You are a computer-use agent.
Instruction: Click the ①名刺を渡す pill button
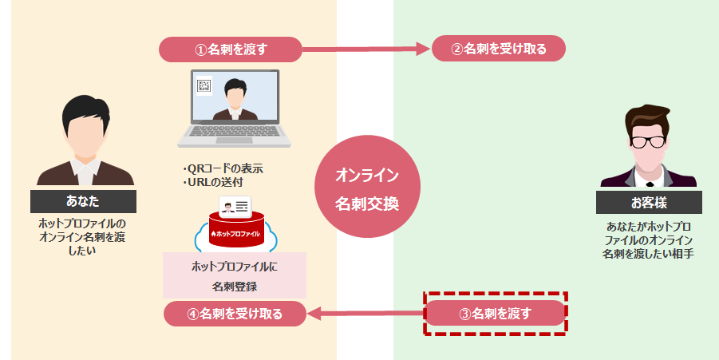click(x=231, y=49)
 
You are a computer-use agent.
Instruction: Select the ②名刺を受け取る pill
click(x=499, y=49)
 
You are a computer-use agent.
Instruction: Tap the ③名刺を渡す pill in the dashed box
click(x=495, y=313)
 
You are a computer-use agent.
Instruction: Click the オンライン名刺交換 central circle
click(x=366, y=188)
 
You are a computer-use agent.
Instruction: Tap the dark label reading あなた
click(x=84, y=200)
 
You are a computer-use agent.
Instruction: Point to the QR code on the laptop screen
click(x=204, y=87)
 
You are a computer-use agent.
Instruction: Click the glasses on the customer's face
click(x=648, y=142)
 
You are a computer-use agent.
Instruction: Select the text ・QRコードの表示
click(x=223, y=168)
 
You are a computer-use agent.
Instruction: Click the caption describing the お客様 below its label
click(x=648, y=239)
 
